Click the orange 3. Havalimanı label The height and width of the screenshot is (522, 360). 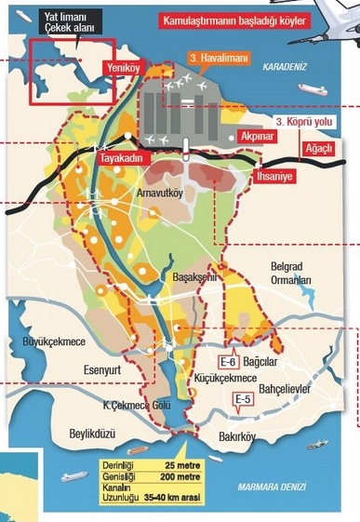215,58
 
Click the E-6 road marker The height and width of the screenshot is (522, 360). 228,361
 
